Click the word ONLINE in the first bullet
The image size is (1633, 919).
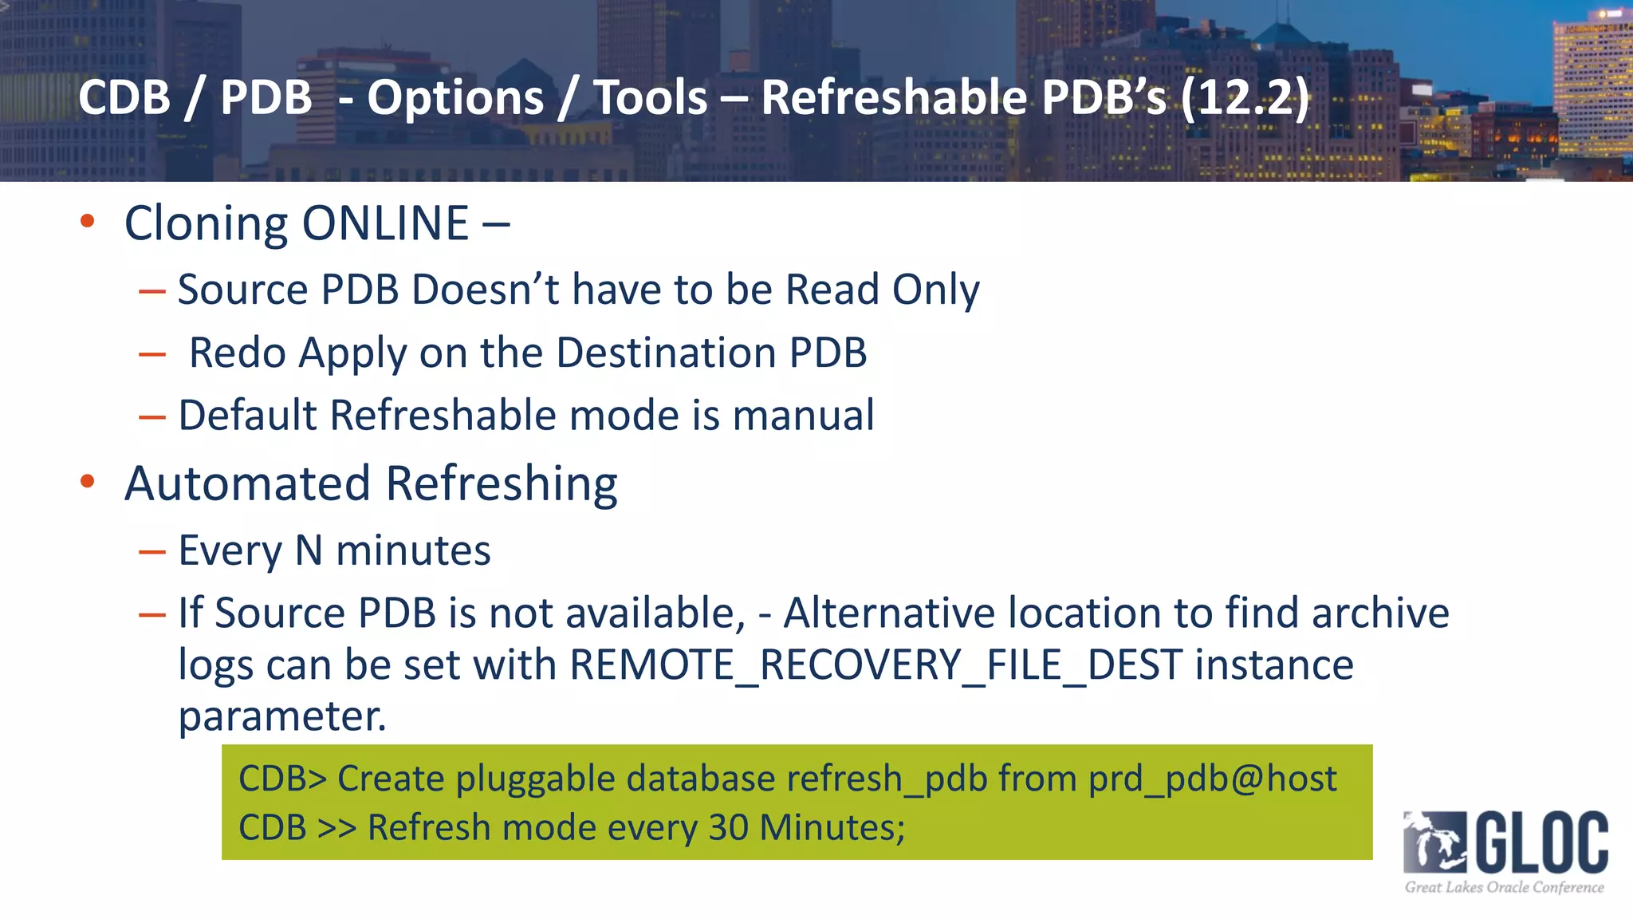[385, 223]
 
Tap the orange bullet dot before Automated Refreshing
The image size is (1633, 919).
[88, 481]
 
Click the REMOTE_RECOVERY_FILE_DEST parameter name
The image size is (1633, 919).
[876, 665]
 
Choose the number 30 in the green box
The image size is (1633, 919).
[728, 827]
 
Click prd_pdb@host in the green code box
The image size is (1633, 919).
[1212, 779]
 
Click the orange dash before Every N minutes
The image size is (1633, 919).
[151, 551]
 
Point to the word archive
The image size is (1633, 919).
[1380, 613]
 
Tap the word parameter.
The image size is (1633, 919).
[281, 716]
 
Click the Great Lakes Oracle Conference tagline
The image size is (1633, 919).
[1504, 887]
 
